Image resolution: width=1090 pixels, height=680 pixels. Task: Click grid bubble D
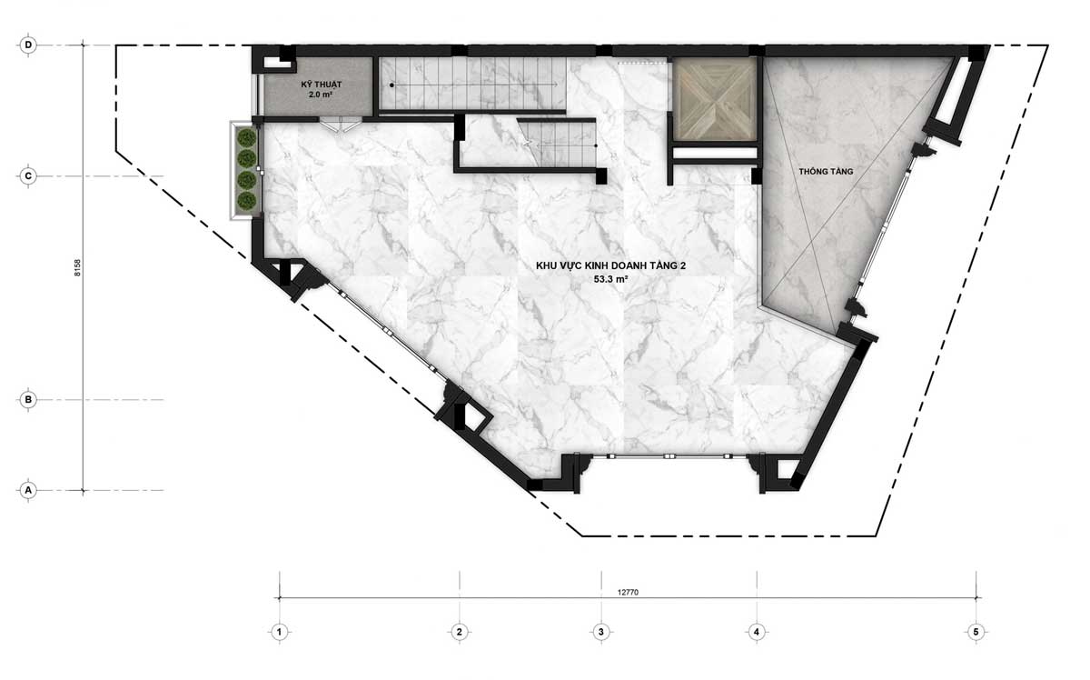28,45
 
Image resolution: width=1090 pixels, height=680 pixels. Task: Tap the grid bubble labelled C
28,175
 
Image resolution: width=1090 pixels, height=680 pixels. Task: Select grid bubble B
28,400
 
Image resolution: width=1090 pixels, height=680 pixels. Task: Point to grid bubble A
28,490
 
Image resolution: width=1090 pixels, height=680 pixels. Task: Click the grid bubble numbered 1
280,632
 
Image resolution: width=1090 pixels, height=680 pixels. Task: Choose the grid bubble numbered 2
460,632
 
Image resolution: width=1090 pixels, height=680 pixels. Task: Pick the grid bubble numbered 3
601,632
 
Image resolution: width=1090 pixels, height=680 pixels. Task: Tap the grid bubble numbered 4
756,632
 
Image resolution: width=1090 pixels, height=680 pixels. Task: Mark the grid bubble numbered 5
976,632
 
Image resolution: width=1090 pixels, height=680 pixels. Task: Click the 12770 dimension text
628,593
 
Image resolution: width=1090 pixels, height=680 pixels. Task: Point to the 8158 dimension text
77,268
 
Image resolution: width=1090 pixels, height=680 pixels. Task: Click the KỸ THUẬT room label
322,85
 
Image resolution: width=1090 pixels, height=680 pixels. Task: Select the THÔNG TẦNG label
826,172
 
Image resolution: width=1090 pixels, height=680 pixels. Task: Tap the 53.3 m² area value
610,279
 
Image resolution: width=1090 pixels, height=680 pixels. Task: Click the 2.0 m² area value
320,95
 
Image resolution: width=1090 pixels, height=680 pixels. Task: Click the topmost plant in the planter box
247,138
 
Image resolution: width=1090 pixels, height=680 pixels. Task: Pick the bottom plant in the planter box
247,201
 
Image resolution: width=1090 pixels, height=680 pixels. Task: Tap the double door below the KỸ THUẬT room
340,125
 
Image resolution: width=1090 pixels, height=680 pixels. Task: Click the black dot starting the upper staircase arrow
391,85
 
